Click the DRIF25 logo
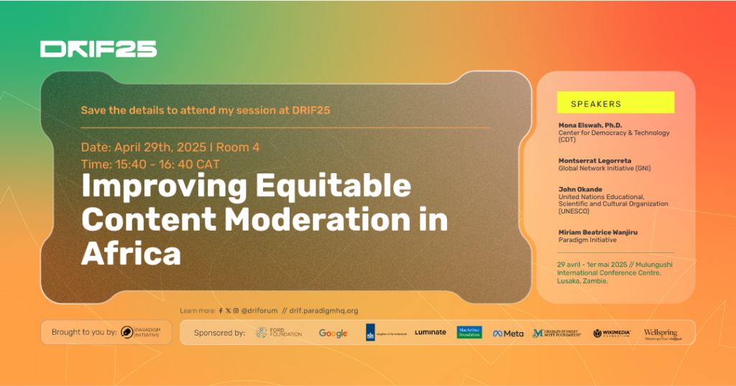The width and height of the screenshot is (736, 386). point(98,49)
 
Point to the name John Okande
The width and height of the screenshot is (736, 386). point(581,189)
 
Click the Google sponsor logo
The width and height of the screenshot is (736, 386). point(333,333)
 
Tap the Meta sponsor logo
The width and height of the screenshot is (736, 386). point(508,333)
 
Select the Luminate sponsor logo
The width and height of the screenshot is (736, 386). point(430,332)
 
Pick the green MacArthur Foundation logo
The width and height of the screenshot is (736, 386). point(469,332)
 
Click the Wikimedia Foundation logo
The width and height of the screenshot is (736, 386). point(612,333)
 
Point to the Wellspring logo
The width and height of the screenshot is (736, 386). point(661,334)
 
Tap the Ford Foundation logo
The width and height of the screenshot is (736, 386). point(279,333)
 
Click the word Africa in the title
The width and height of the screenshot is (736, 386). point(131,252)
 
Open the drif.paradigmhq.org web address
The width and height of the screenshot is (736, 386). point(323,311)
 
